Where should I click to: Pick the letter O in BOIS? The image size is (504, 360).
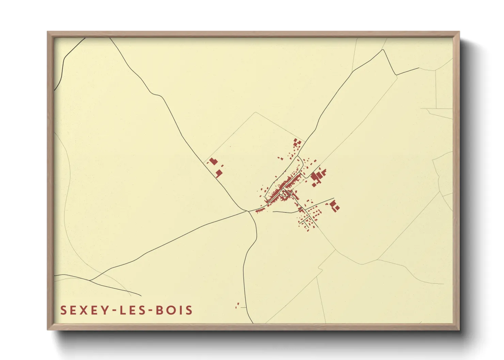[170, 310]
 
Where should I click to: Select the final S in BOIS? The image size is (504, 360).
[189, 310]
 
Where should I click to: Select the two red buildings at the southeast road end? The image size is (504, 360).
[335, 206]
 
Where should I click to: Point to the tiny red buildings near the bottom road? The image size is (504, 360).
[238, 305]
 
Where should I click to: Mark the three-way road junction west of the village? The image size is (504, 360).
[248, 211]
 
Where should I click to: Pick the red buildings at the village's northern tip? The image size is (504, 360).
[297, 143]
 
